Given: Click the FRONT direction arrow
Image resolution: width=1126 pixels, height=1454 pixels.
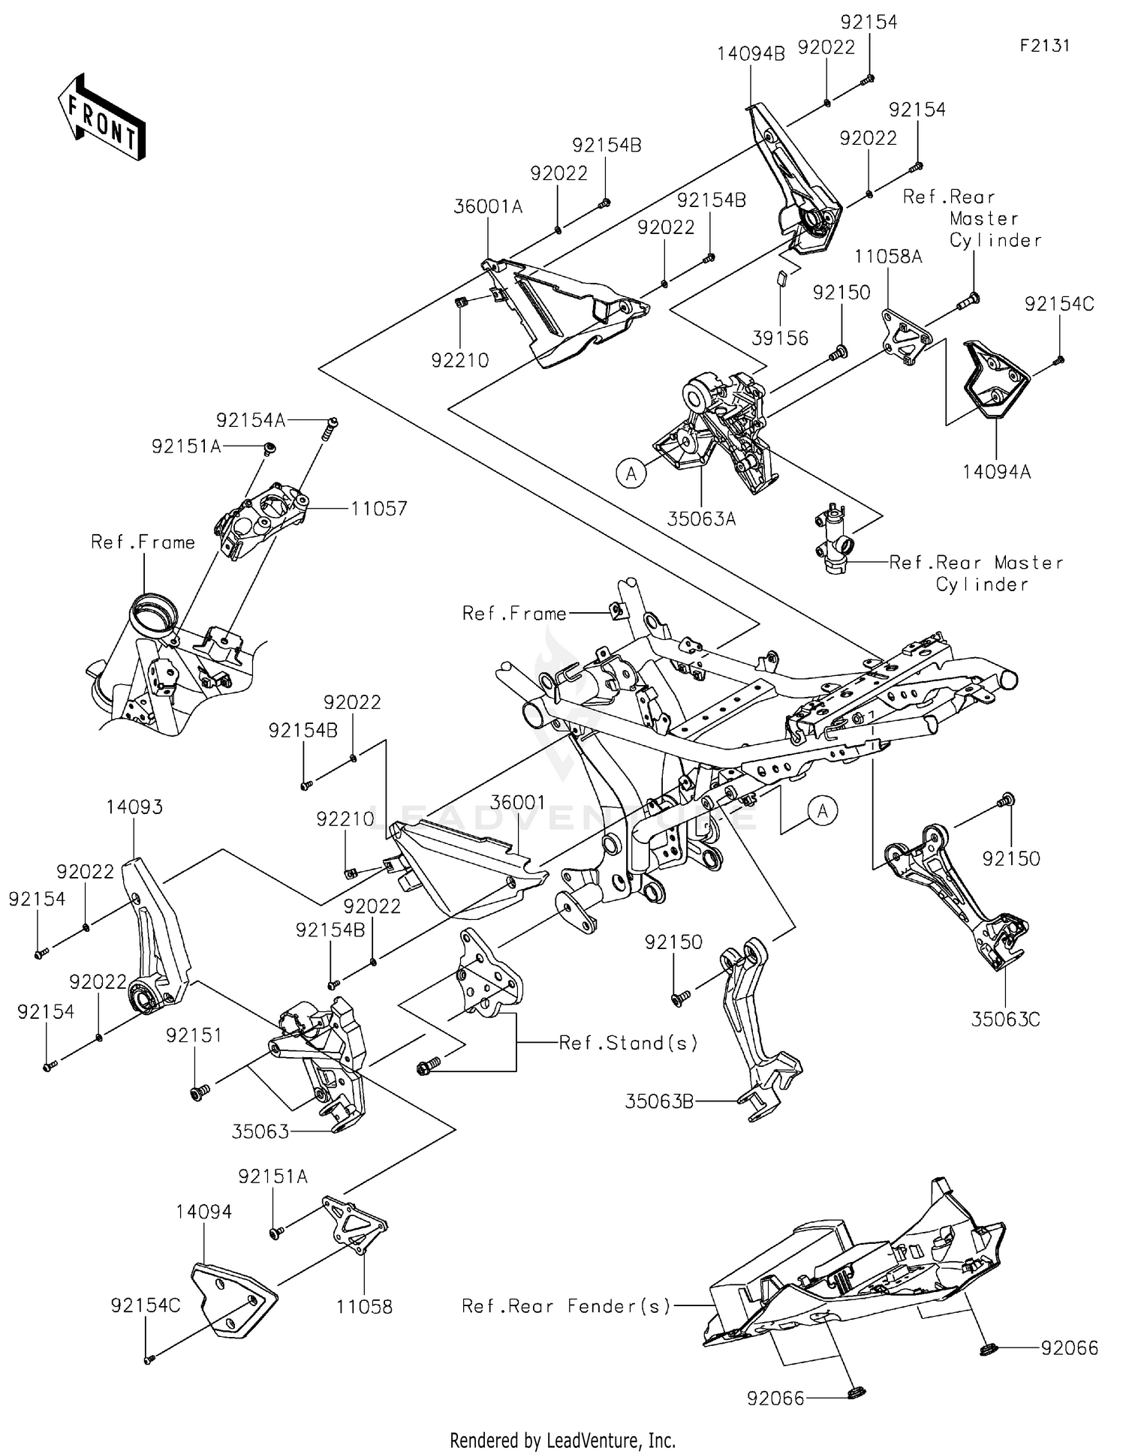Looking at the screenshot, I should click(x=101, y=117).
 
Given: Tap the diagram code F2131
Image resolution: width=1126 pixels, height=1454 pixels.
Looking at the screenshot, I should click(x=1044, y=46).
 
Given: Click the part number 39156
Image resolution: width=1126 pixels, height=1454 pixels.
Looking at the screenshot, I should click(x=780, y=338).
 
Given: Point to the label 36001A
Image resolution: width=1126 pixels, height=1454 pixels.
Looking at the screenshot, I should click(x=488, y=206).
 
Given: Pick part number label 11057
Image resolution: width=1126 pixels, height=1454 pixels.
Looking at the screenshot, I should click(x=379, y=509).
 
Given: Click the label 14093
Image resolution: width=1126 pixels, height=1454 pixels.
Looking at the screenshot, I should click(x=134, y=807).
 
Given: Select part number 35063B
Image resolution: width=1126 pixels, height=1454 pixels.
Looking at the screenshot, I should click(x=659, y=1101).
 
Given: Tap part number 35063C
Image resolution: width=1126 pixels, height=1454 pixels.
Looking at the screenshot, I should click(x=1005, y=1020).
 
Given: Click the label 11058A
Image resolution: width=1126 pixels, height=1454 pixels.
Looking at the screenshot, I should click(x=888, y=257).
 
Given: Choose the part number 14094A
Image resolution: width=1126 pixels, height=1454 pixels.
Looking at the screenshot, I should click(x=996, y=472).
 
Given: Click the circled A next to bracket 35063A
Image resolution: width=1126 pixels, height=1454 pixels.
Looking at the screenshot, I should click(x=631, y=473).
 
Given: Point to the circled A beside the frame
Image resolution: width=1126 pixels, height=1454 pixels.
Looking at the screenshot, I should click(x=823, y=811).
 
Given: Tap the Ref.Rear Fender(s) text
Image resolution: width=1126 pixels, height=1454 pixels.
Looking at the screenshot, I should click(x=566, y=1306).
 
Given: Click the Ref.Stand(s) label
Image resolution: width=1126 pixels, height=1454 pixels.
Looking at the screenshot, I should click(x=628, y=1043).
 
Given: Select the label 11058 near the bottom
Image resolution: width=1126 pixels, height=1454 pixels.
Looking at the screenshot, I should click(x=364, y=1307).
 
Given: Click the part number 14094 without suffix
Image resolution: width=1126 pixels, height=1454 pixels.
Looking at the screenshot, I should click(x=204, y=1212).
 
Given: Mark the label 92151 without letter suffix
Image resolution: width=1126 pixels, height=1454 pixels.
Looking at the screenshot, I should click(x=194, y=1035).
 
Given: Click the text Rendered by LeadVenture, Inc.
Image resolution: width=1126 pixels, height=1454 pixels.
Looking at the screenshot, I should click(x=562, y=1440).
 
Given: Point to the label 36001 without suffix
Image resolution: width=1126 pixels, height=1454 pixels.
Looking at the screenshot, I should click(x=517, y=803).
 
